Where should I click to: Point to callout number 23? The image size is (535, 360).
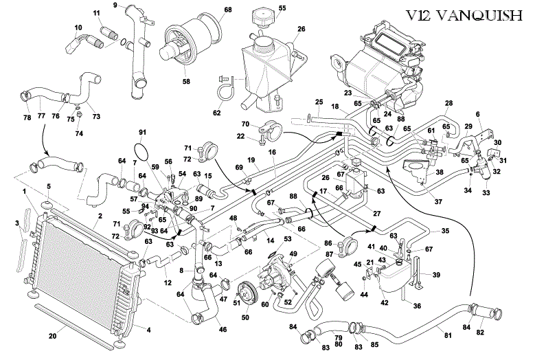pos(348,91)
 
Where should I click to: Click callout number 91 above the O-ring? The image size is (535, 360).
pos(143,132)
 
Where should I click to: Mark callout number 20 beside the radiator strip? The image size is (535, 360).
pos(52,336)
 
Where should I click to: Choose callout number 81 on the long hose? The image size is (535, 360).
pos(448,335)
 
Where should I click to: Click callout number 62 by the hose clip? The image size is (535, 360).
pos(217,113)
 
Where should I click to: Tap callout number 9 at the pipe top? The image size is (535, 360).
pos(115,5)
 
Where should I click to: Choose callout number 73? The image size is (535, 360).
pos(95,117)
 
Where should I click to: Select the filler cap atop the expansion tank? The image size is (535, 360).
pos(262,16)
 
